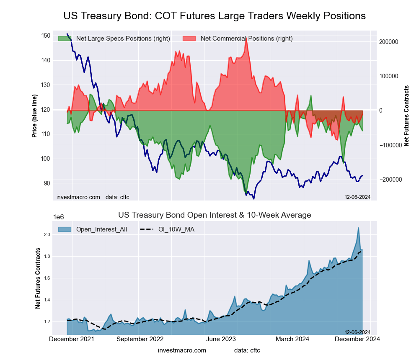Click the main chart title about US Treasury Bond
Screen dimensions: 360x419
[215, 16]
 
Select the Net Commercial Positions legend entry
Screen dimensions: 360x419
[246, 39]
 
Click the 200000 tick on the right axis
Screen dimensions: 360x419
[388, 42]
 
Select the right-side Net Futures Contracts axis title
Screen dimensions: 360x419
[406, 116]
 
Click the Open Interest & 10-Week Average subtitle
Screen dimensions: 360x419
[215, 215]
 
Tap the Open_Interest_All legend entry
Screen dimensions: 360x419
[101, 229]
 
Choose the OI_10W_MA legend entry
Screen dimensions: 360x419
[176, 229]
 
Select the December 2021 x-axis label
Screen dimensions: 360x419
[72, 339]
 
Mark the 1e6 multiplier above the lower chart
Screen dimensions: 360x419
[59, 217]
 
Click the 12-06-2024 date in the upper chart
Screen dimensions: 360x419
[357, 197]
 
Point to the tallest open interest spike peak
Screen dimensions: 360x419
[358, 228]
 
